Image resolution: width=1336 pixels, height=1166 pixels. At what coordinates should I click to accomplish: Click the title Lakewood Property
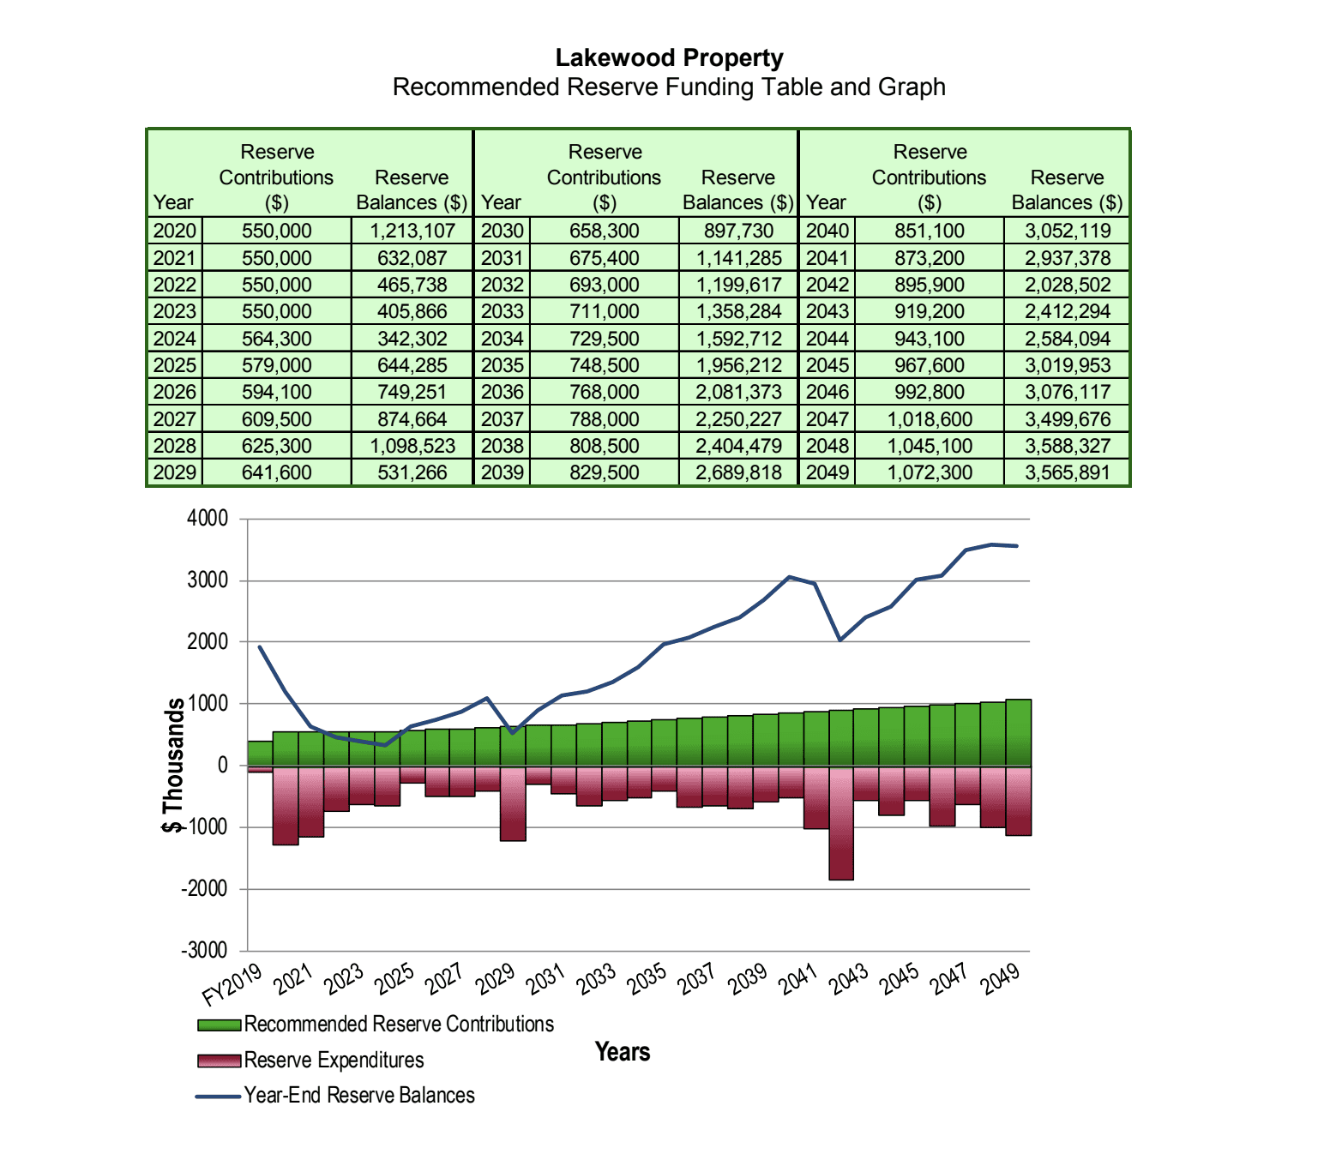tap(669, 58)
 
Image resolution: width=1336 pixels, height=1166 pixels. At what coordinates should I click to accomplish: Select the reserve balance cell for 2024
tap(412, 339)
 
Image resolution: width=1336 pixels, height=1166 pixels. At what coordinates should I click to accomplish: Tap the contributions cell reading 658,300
tap(604, 231)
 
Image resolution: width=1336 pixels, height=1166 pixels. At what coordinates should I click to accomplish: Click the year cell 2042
tap(827, 285)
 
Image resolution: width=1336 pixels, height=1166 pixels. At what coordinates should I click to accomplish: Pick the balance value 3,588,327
tap(1067, 446)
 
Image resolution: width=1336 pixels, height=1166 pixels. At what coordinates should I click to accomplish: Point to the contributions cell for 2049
tap(929, 472)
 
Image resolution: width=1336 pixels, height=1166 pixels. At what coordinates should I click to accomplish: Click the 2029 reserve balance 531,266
tap(412, 472)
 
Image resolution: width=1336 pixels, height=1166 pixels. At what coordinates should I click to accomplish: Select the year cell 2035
tap(502, 365)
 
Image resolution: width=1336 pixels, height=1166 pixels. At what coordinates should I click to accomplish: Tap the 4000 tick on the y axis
tap(208, 519)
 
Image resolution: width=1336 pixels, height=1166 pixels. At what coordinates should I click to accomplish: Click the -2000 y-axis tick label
tap(204, 889)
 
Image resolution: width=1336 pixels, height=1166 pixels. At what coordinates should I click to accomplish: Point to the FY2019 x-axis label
tap(232, 984)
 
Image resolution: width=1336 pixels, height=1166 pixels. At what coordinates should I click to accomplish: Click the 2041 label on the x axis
tap(798, 978)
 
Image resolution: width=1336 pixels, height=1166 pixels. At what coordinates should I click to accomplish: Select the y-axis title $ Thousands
tap(174, 765)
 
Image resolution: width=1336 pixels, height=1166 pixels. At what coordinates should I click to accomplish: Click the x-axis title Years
tap(623, 1052)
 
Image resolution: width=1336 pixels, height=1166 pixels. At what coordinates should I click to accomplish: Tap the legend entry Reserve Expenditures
tap(334, 1061)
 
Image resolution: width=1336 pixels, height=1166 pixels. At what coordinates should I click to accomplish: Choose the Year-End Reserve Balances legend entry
tap(358, 1096)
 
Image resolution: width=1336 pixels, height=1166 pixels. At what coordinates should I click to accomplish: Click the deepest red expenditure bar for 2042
tap(841, 823)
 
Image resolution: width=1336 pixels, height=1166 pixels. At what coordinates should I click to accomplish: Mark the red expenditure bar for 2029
tap(513, 804)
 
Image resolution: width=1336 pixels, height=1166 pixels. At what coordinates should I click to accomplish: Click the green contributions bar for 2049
tap(1018, 732)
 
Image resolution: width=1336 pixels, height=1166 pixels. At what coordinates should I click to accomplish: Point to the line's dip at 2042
tap(840, 640)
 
